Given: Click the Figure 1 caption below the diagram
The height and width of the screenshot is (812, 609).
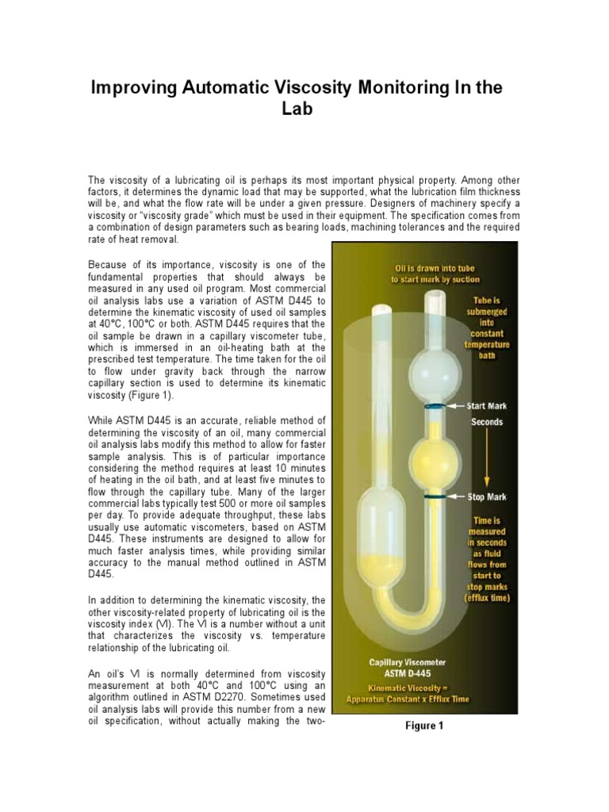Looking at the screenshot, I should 424,726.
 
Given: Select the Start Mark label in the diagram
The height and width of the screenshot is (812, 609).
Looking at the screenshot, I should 486,406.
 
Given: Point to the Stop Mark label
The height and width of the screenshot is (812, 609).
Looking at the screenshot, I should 486,497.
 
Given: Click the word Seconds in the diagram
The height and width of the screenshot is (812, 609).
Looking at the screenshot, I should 487,422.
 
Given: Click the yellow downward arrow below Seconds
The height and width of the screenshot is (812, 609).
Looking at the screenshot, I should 487,460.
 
